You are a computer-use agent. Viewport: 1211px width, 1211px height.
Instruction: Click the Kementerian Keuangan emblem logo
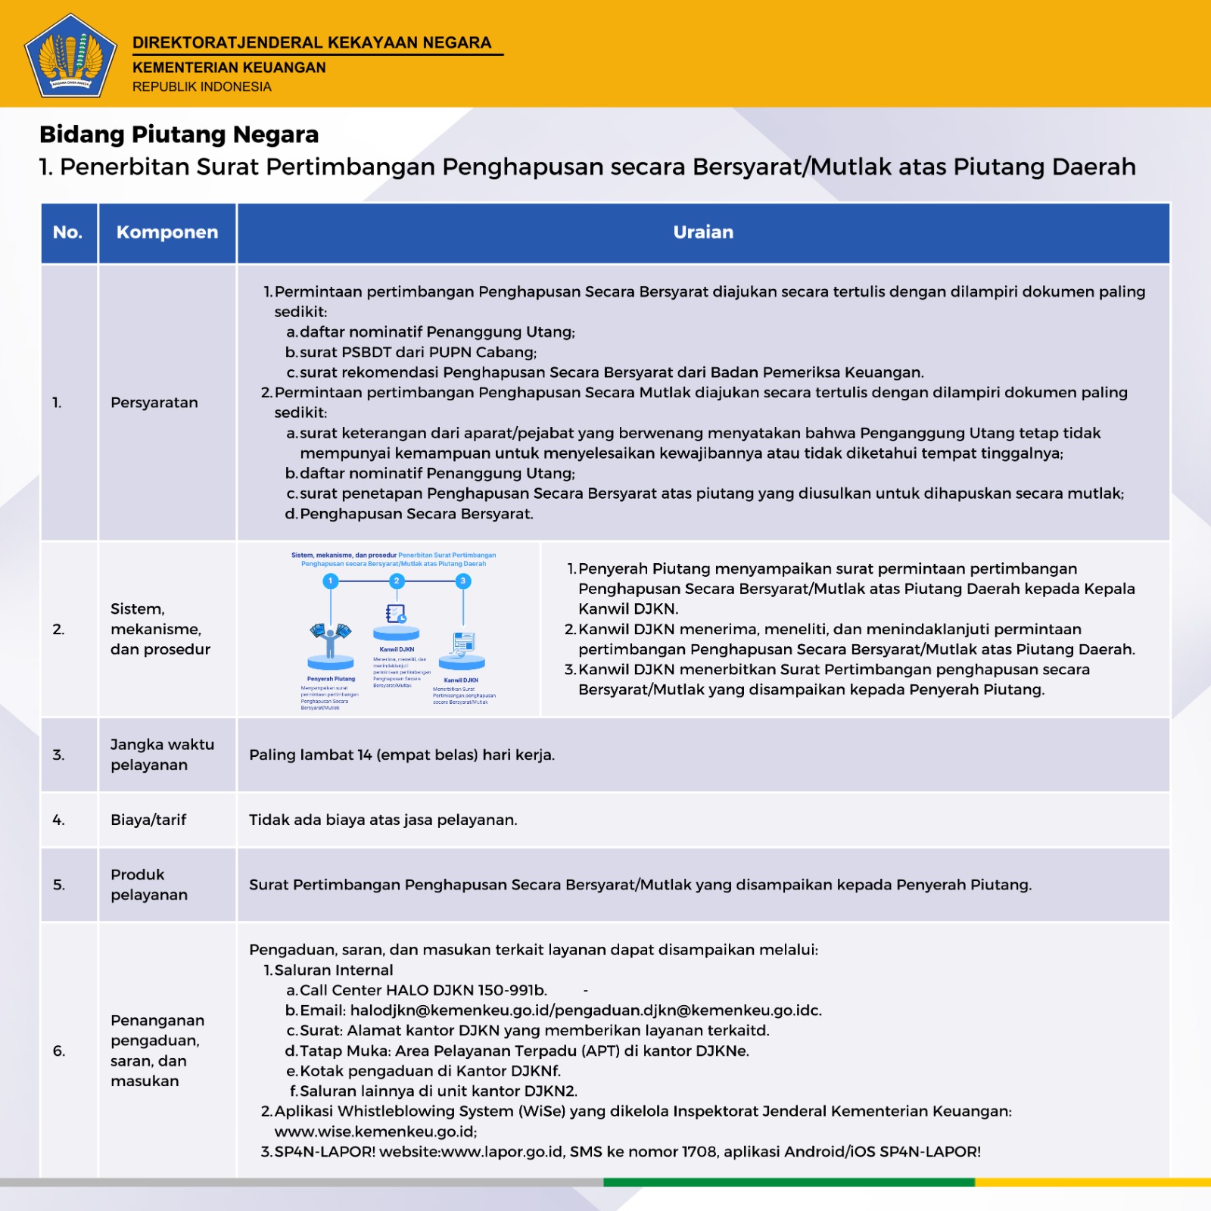tap(70, 56)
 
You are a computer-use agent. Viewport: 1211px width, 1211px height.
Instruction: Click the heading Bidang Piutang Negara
tap(179, 135)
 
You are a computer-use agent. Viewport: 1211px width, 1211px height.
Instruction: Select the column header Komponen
tap(167, 232)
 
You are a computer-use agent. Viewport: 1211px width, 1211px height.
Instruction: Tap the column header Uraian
tap(703, 232)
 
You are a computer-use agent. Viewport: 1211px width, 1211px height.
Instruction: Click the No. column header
tap(67, 232)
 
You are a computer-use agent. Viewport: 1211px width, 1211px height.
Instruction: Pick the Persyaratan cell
tap(154, 403)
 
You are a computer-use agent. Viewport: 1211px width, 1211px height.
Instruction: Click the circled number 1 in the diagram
tap(330, 581)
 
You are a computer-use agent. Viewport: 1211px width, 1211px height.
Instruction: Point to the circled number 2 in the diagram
tap(397, 581)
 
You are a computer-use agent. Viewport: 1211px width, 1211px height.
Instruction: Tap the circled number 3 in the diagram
tap(463, 581)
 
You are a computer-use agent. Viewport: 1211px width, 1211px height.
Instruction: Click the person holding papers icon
tap(331, 640)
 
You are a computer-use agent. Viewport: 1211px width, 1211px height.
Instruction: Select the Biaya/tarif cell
tap(148, 820)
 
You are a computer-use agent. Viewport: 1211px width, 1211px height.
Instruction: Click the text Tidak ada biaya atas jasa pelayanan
tap(383, 820)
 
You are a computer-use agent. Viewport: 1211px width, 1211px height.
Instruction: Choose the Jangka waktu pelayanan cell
tap(162, 755)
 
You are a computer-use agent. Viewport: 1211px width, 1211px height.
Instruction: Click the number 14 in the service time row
tap(365, 755)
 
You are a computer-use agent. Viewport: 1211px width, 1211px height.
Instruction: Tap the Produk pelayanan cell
tap(149, 885)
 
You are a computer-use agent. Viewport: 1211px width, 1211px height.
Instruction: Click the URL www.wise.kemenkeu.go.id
tap(375, 1132)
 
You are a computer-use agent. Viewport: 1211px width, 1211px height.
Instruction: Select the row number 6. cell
tap(59, 1051)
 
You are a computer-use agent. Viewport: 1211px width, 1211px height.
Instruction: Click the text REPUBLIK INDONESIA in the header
tap(201, 87)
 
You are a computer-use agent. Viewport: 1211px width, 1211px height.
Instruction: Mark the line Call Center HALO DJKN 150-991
tap(422, 990)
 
